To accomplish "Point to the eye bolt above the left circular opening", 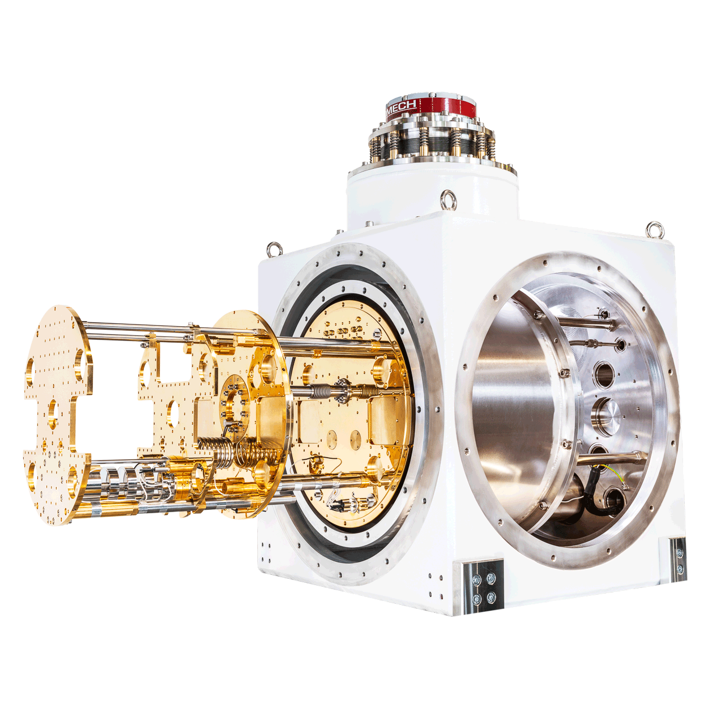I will pos(275,249).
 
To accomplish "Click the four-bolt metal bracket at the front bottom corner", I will pos(483,587).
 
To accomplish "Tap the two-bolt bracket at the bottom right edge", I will pos(679,558).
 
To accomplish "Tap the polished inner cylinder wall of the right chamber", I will pos(510,408).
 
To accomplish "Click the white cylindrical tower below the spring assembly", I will pos(430,193).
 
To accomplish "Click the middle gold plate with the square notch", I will pos(170,396).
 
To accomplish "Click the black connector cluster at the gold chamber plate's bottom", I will pos(348,501).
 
